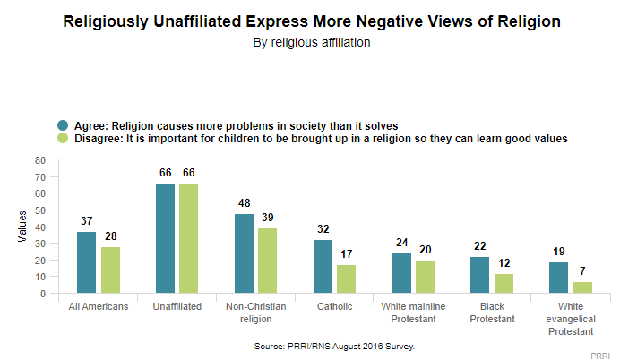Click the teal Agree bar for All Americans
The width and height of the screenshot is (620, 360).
click(86, 262)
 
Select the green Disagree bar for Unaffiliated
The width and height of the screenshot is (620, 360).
click(187, 238)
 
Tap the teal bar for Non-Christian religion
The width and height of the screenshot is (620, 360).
click(244, 253)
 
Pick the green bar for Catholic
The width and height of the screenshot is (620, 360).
click(345, 279)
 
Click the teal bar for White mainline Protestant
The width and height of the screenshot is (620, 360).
click(401, 273)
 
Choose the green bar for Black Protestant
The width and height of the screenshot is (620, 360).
click(502, 284)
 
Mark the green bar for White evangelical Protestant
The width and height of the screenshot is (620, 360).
click(581, 287)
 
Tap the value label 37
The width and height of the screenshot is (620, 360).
click(86, 221)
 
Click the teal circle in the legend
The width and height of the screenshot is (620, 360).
click(63, 125)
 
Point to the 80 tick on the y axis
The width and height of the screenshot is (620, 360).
click(39, 159)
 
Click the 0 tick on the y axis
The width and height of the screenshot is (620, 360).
click(42, 294)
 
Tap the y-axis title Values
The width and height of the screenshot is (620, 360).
click(22, 227)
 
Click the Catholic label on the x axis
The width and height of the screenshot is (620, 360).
click(335, 307)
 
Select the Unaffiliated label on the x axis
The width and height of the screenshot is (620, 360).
click(177, 307)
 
